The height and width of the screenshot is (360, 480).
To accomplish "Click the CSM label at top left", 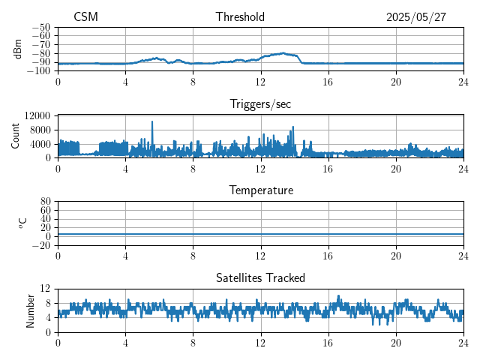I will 85,17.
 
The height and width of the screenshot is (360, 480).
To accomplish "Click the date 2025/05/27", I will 416,17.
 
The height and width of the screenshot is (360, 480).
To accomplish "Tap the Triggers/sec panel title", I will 260,104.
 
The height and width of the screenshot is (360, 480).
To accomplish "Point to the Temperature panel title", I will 260,191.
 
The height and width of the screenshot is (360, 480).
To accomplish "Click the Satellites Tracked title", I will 260,278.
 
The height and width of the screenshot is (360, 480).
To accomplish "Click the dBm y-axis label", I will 18,48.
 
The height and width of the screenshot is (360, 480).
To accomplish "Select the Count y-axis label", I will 15,136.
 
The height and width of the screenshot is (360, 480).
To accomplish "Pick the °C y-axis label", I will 22,223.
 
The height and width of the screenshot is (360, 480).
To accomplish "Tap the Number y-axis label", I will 31,310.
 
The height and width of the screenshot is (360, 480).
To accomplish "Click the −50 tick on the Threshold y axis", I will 40,27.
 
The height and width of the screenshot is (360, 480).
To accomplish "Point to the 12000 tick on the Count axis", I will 37,116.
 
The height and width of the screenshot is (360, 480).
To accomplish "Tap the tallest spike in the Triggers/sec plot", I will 152,122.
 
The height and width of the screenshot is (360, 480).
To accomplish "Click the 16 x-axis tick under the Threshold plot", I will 328,81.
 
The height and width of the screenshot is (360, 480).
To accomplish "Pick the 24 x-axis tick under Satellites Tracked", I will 463,342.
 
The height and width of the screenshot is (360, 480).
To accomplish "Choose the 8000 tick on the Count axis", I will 39,130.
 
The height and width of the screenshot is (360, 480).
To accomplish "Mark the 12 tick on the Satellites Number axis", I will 45,289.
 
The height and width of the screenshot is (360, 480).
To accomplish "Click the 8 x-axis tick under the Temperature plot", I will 193,255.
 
